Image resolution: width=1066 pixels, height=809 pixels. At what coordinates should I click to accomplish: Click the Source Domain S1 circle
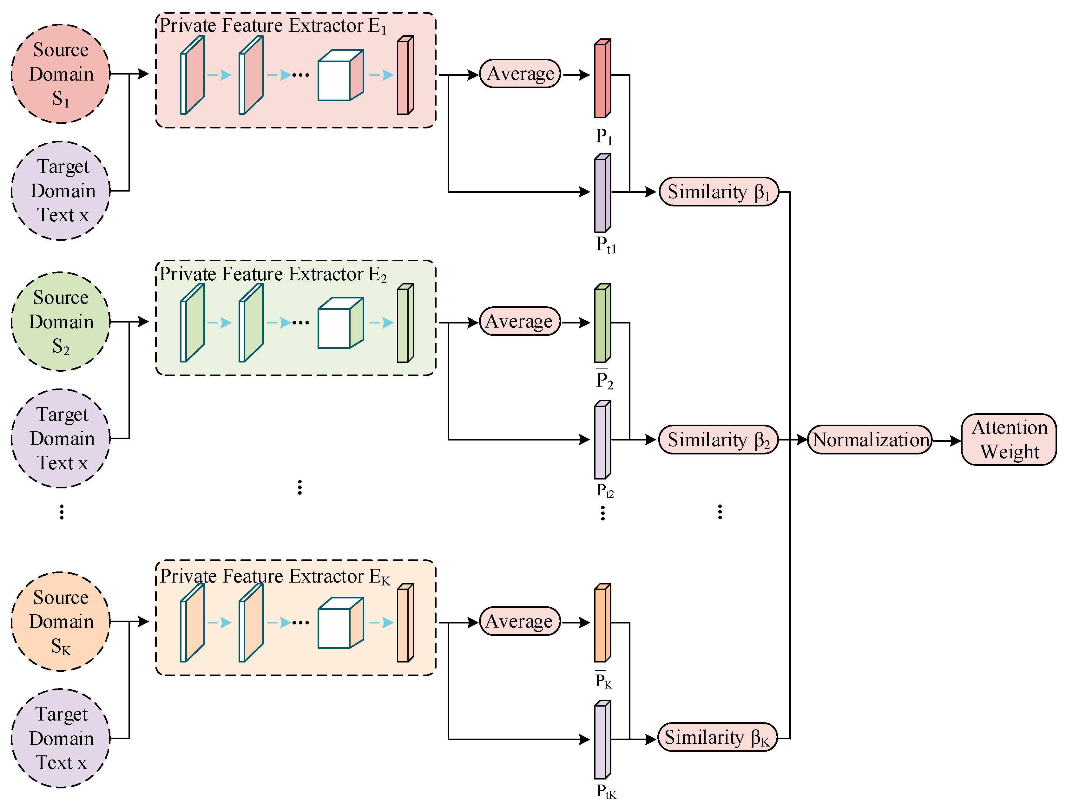61,74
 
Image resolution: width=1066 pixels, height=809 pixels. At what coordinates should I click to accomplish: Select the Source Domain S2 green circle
61,321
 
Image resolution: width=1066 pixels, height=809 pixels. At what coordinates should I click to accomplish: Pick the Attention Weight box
1009,440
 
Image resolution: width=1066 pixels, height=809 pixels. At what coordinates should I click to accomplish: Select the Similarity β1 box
718,192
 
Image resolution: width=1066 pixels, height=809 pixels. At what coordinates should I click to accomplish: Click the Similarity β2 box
718,440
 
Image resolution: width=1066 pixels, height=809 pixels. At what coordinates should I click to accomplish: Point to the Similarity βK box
717,737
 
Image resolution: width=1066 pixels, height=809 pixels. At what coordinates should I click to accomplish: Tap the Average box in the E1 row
520,74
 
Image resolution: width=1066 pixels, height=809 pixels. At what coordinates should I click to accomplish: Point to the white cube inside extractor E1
340,76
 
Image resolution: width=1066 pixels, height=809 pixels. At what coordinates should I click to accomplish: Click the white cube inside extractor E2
340,323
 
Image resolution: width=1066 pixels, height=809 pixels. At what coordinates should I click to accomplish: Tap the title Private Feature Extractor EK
275,576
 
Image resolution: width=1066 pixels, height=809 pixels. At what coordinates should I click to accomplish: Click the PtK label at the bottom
606,791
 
